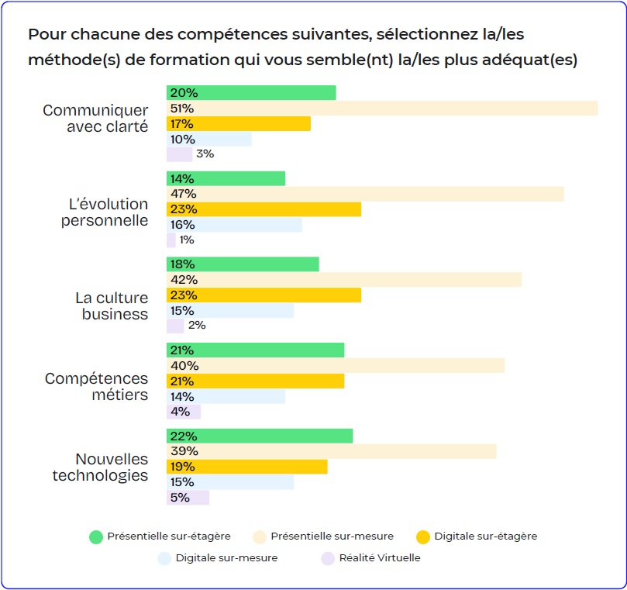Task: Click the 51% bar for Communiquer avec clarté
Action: tap(382, 109)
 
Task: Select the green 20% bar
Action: tap(251, 93)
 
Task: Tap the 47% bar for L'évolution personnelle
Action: tap(365, 194)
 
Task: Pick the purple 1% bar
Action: tap(171, 240)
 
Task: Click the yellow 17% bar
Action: tap(239, 124)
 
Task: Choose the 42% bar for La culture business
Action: tap(344, 280)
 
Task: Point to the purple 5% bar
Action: tap(188, 498)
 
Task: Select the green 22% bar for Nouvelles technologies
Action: tap(260, 436)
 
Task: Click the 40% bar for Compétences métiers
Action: tap(336, 365)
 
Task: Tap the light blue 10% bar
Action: tap(209, 140)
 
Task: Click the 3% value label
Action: tap(205, 154)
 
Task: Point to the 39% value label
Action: tap(184, 451)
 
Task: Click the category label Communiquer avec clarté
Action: tap(95, 119)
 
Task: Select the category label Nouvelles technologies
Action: tap(100, 468)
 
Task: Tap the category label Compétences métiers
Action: tap(96, 387)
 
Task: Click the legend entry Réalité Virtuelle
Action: tap(380, 557)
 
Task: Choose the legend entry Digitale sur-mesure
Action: tap(226, 557)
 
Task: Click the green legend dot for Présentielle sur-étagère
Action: tap(96, 537)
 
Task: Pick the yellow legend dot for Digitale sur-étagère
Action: tap(422, 537)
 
